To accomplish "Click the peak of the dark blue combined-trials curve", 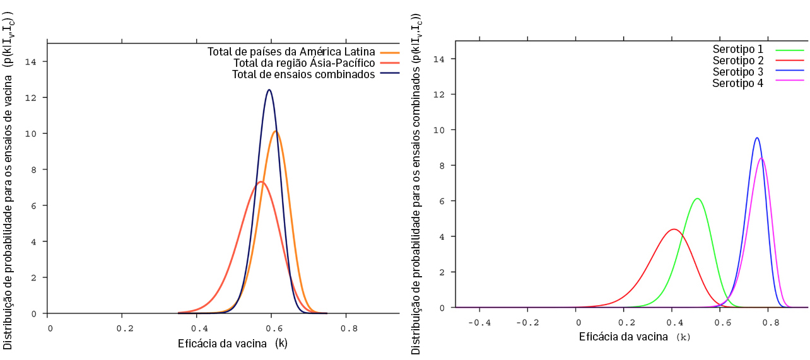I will (269, 90).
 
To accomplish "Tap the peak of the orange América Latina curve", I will (276, 131).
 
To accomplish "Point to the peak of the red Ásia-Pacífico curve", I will (261, 182).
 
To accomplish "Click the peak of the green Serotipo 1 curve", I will (697, 199).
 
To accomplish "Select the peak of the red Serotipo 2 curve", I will (674, 229).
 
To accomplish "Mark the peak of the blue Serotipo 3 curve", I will (757, 137).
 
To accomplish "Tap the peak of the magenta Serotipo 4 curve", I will (761, 158).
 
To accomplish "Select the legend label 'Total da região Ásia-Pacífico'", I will (304, 63).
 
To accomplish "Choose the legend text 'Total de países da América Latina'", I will (291, 52).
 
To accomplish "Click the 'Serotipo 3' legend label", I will (738, 72).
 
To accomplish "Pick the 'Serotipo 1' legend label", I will (738, 49).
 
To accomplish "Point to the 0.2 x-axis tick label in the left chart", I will (125, 328).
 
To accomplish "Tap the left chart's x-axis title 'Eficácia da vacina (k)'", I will (233, 344).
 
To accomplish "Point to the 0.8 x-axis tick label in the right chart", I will (767, 323).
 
